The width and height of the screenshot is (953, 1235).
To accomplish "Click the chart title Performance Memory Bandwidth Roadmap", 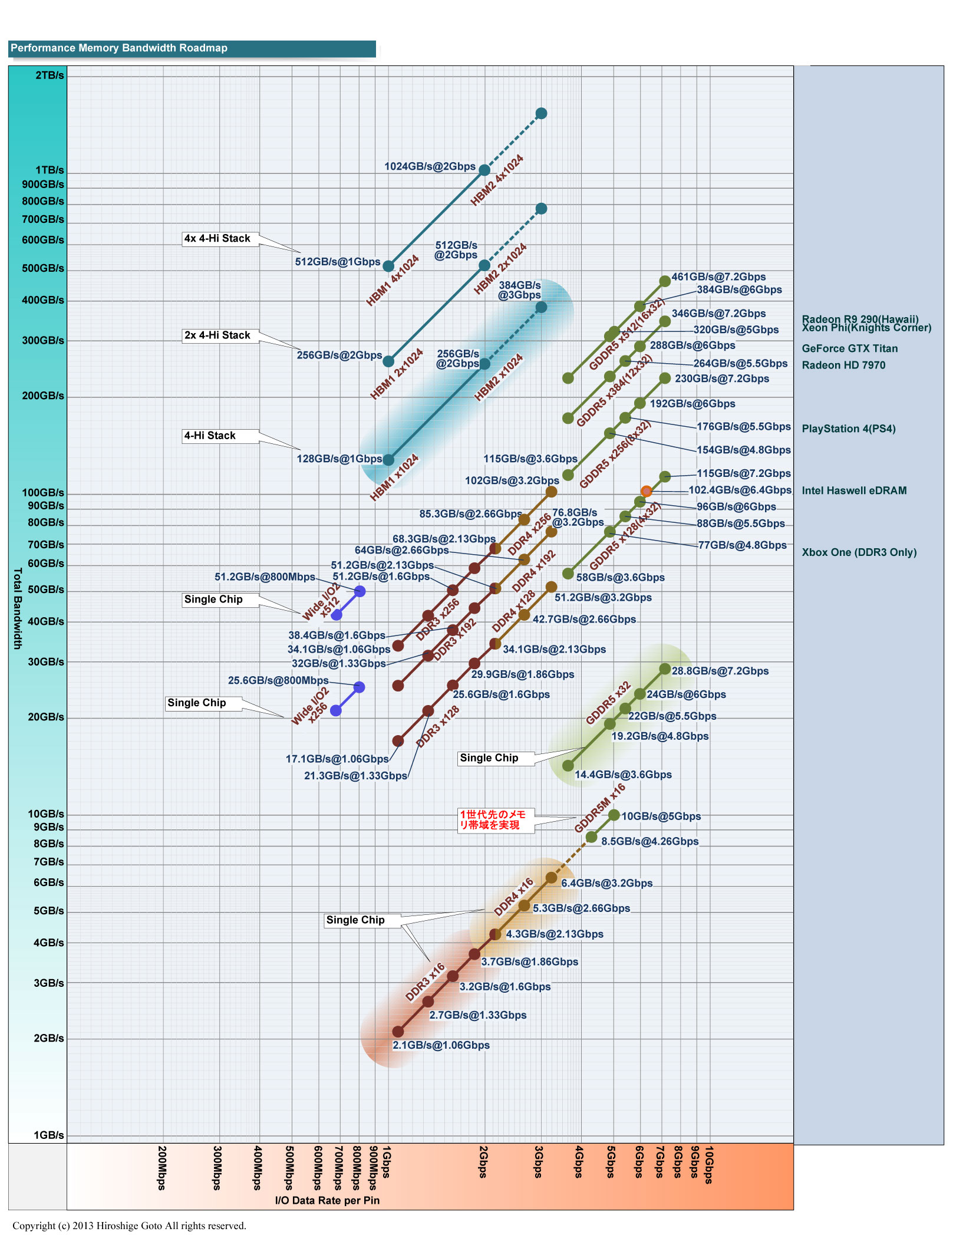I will coord(119,48).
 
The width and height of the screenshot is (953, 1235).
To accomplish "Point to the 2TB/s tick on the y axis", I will coord(50,75).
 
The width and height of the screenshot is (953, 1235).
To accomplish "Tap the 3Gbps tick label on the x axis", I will coord(539,1162).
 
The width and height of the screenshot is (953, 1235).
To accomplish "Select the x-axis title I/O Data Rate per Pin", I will coord(327,1200).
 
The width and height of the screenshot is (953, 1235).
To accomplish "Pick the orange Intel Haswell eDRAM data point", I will coord(647,491).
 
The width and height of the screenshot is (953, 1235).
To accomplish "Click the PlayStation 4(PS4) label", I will coord(848,429).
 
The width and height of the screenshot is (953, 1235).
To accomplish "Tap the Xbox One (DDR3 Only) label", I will coord(859,552).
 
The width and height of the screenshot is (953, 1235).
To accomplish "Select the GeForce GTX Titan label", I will coord(849,348).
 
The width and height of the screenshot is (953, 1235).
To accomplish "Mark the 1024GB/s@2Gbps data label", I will coord(430,166).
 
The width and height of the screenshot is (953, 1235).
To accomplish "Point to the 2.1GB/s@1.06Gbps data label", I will coord(441,1045).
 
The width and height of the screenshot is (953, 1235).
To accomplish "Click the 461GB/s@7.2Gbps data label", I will coord(718,276).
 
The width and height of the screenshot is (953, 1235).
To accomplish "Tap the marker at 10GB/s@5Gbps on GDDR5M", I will coord(614,815).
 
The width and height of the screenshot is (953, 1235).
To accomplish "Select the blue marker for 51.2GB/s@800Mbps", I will coord(360,591).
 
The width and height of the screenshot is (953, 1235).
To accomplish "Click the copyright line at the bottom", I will coord(129,1226).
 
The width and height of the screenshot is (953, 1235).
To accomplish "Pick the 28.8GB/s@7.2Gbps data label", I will coord(720,671).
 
